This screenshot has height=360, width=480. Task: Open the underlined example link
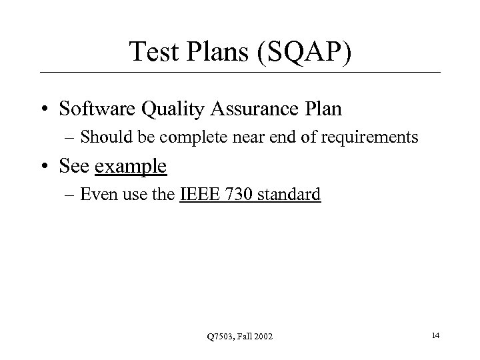pos(131,167)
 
